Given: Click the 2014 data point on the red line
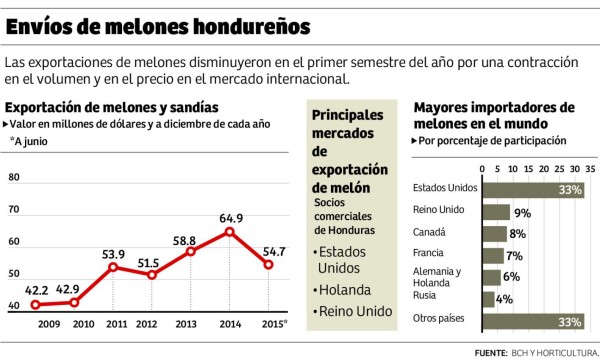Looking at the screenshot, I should (x=230, y=232).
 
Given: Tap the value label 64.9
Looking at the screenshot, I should (x=231, y=217).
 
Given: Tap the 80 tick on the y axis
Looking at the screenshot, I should (x=14, y=177).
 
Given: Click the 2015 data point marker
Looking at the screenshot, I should (x=269, y=264).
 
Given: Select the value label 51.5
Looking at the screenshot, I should (x=147, y=262).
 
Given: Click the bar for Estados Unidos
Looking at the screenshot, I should (x=533, y=188).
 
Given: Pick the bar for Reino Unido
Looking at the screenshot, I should (x=496, y=211).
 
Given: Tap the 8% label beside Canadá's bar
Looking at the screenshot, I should (x=518, y=233).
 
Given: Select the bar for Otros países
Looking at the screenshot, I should (x=533, y=320).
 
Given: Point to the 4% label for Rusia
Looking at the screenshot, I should (x=506, y=298).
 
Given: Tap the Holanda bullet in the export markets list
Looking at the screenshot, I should (x=341, y=289).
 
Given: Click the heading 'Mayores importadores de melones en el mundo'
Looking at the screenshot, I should (x=493, y=114).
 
